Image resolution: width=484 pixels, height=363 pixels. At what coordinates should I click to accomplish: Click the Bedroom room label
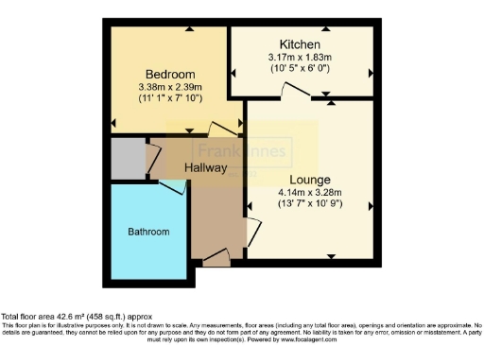pyautogui.click(x=169, y=75)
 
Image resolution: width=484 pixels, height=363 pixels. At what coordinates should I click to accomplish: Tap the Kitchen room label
pyautogui.click(x=300, y=45)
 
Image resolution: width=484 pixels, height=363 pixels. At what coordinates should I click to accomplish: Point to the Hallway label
pyautogui.click(x=205, y=168)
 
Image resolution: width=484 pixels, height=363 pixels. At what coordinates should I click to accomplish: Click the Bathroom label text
pyautogui.click(x=148, y=232)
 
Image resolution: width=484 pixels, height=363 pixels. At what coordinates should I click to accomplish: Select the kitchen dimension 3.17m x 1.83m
pyautogui.click(x=300, y=59)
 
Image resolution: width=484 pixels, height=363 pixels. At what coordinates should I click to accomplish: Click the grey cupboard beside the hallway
pyautogui.click(x=127, y=159)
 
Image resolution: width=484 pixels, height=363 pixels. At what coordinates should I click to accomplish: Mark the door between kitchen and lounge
pyautogui.click(x=293, y=91)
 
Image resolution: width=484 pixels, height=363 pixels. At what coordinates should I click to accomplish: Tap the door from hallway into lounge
pyautogui.click(x=251, y=230)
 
